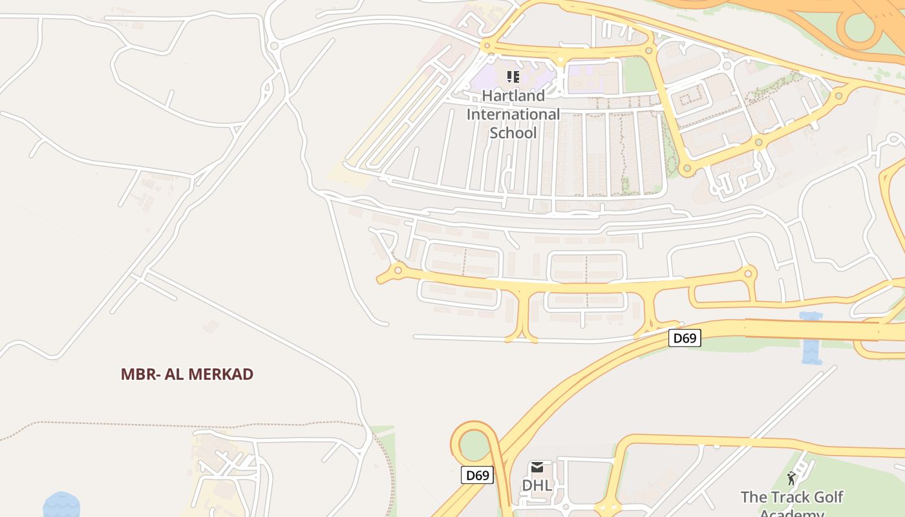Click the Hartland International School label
(513, 114)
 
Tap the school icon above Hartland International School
(513, 78)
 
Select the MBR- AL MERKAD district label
(187, 374)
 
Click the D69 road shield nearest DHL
(478, 476)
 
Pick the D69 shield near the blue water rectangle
(684, 338)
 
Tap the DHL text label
(537, 485)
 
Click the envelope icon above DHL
(537, 467)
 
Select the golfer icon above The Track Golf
(792, 479)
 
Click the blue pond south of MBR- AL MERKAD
(61, 505)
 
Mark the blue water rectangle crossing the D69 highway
(811, 338)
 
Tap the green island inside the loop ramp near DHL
(475, 445)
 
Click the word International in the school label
(513, 114)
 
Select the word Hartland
(513, 96)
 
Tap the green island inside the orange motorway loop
(860, 26)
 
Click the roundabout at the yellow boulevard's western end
(398, 270)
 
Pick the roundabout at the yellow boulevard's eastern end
(748, 273)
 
